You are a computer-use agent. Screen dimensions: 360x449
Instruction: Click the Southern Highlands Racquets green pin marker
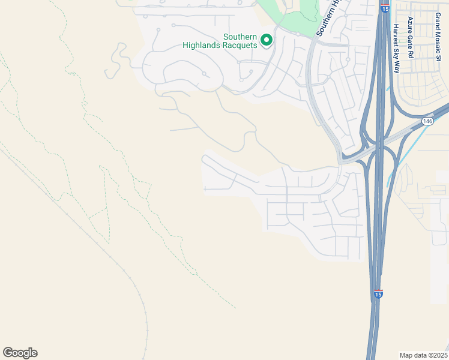[x=266, y=40]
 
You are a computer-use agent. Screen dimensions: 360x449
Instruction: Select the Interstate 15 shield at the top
[x=385, y=10]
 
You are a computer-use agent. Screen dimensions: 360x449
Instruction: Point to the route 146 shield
[x=427, y=121]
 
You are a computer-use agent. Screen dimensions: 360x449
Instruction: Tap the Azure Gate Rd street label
[x=411, y=37]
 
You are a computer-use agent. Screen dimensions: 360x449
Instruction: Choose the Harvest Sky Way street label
[x=396, y=49]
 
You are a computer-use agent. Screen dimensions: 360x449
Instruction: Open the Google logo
[x=20, y=353]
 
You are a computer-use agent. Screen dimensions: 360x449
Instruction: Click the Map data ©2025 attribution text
[x=424, y=355]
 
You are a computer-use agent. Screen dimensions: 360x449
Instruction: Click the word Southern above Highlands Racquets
[x=240, y=37]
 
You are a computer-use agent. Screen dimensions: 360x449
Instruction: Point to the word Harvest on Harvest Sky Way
[x=396, y=35]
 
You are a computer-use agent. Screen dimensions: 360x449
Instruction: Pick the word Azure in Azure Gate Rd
[x=411, y=25]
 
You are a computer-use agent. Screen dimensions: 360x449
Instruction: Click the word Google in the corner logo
[x=20, y=353]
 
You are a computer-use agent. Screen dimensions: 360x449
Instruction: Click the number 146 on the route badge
[x=427, y=121]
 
